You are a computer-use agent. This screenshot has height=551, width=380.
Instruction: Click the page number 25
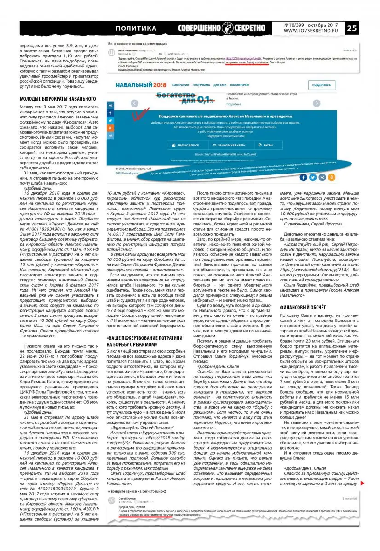(x=365, y=28)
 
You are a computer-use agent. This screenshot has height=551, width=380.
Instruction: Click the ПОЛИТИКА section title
(x=136, y=28)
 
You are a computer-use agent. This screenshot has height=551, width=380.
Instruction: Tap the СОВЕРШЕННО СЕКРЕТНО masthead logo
(x=222, y=28)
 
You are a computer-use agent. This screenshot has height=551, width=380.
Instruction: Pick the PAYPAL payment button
(x=266, y=145)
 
